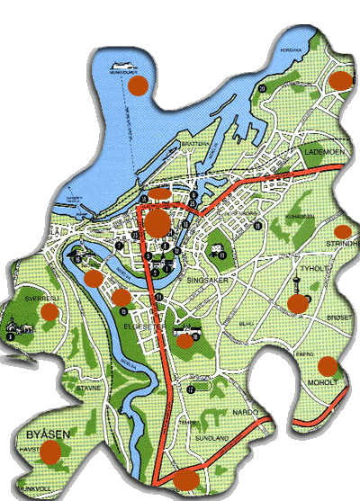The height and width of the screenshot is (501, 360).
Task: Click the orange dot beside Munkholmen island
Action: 138,86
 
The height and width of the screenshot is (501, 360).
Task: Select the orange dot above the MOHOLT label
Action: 328,365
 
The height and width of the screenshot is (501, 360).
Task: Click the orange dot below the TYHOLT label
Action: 296,304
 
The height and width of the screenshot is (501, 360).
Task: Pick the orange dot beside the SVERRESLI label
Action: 49,311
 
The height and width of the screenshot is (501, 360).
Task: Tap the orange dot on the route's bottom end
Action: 186,479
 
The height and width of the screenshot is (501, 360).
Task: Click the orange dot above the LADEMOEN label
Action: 339,80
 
